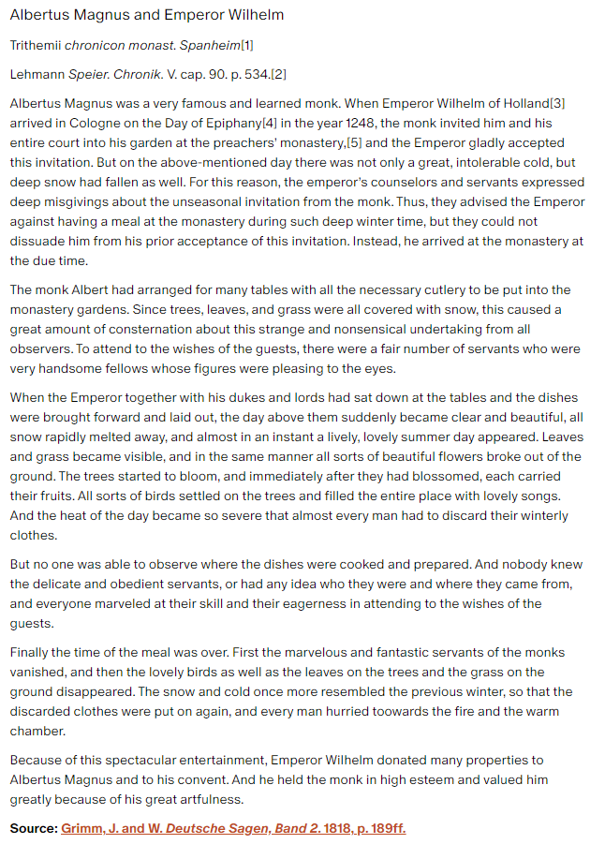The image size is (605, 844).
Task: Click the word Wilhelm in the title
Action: tap(252, 15)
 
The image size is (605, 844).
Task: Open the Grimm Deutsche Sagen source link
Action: tap(233, 829)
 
